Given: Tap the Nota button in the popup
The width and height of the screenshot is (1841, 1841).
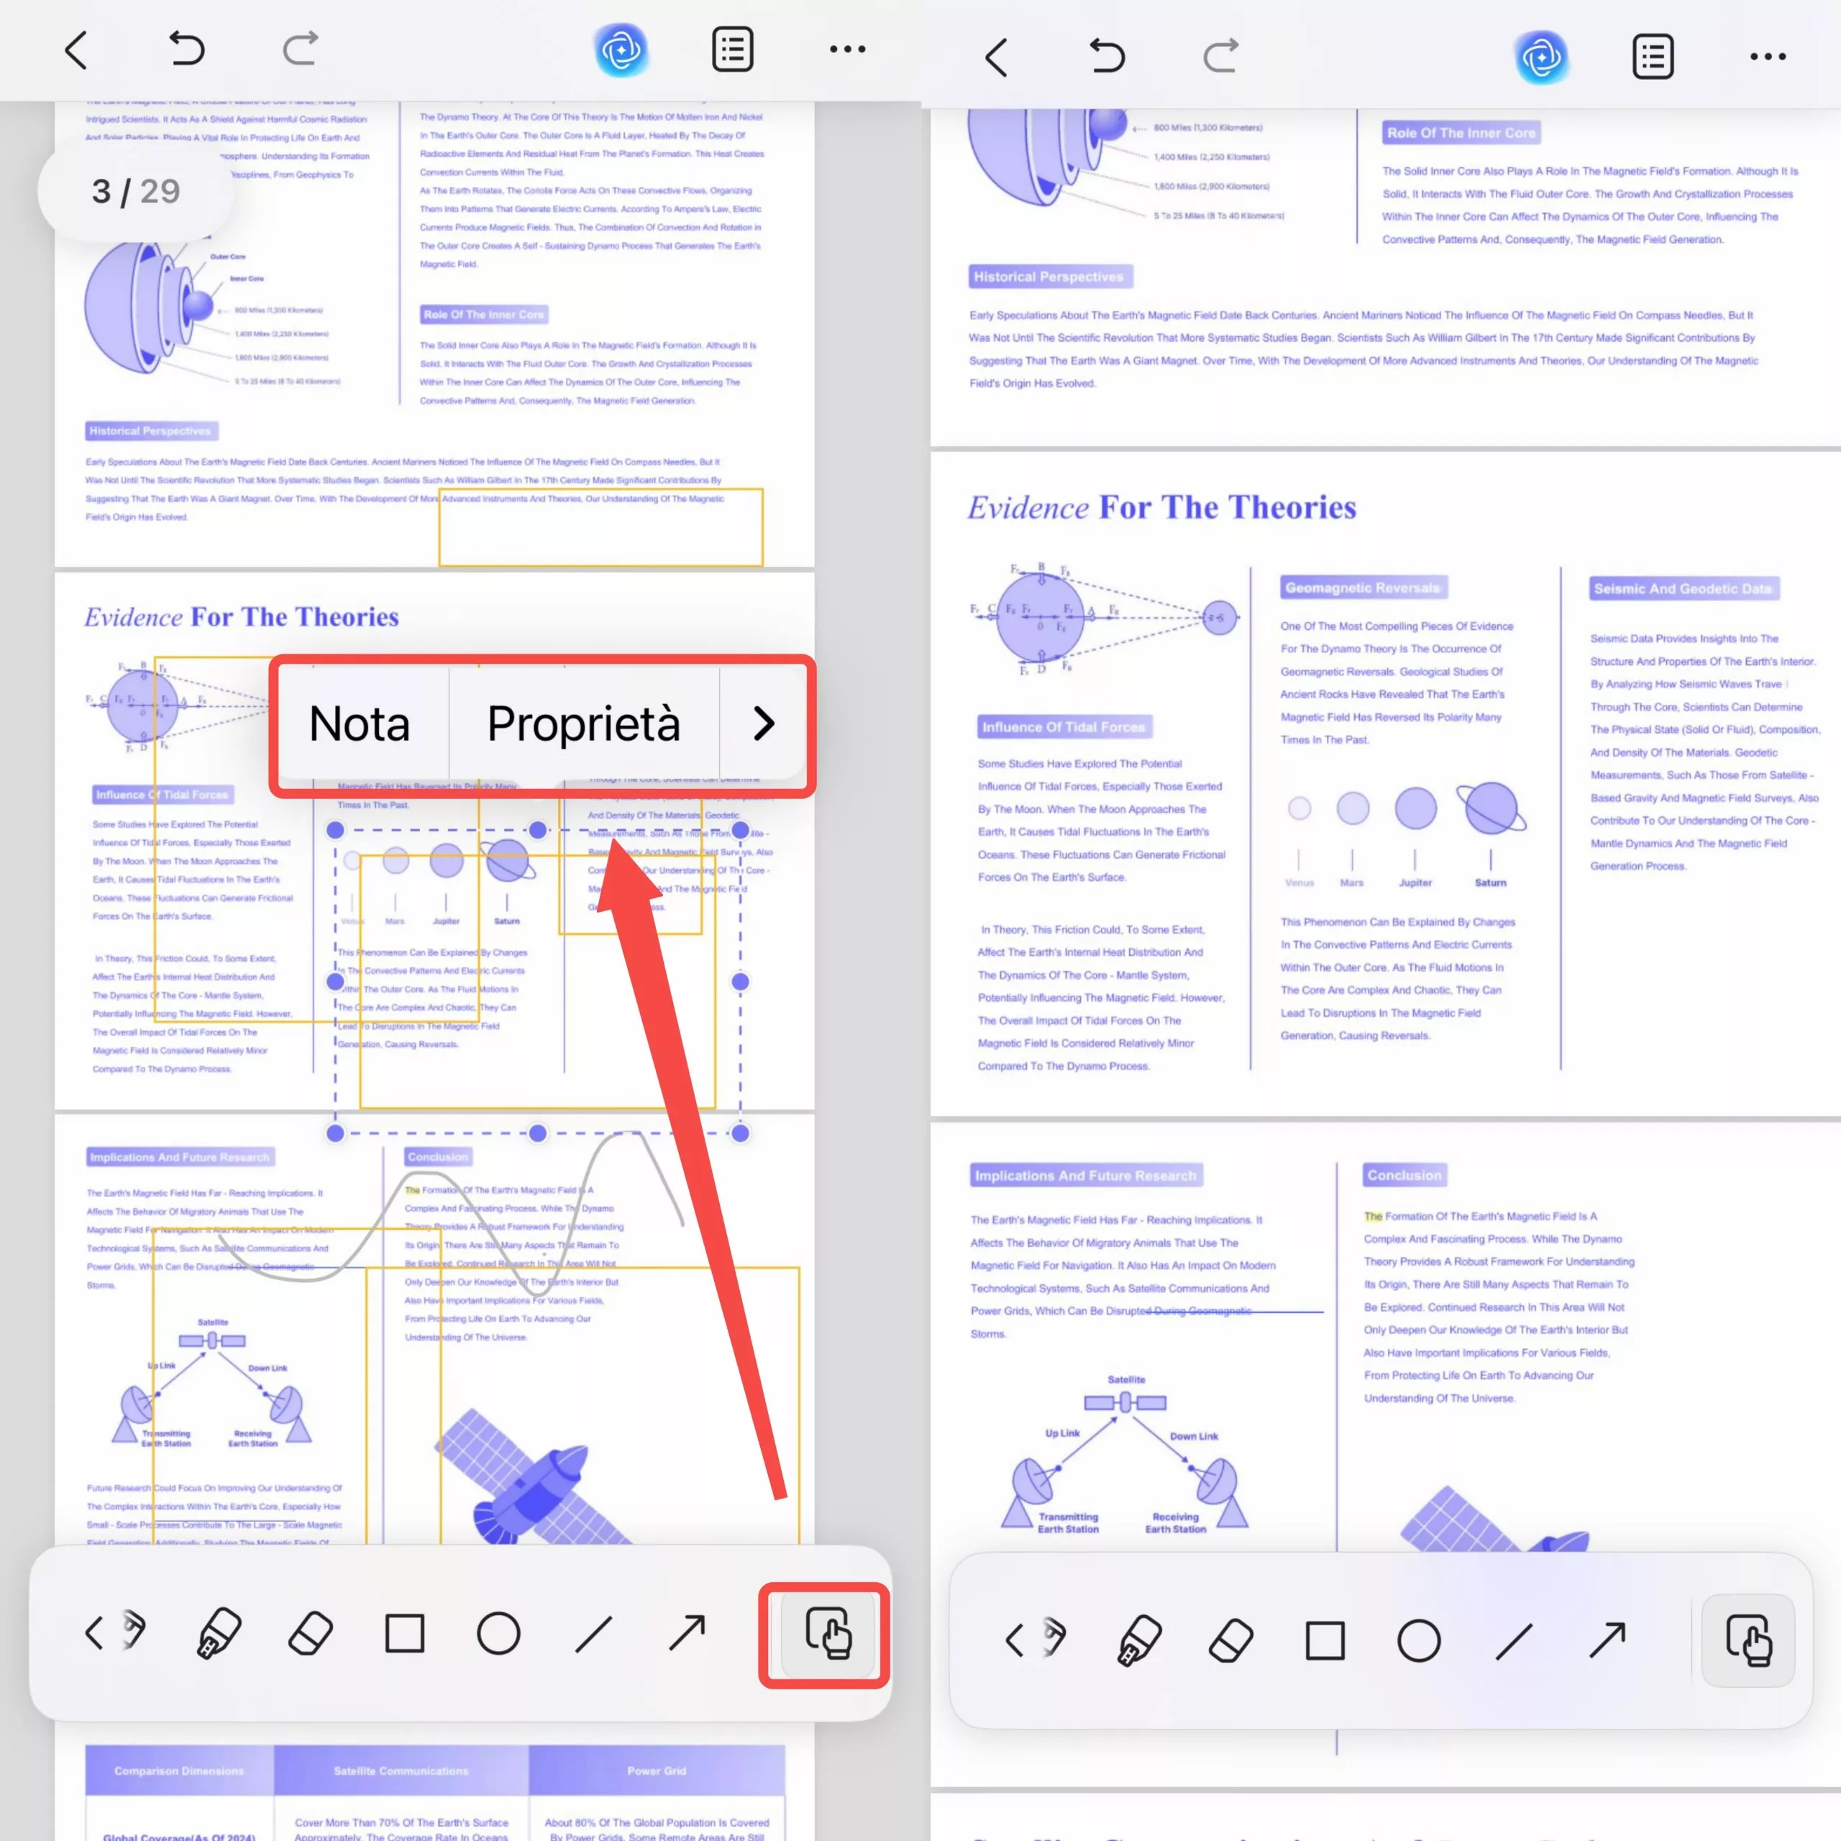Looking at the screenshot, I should click(360, 724).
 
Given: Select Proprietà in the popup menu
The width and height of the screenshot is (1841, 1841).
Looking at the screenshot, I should click(583, 724).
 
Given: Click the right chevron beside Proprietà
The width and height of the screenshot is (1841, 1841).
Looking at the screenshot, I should click(763, 724).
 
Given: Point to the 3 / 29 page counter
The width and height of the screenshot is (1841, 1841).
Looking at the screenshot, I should click(135, 191).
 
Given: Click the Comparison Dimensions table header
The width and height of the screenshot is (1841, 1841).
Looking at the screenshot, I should click(179, 1771).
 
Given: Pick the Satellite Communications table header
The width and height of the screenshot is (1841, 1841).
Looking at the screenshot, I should click(401, 1771).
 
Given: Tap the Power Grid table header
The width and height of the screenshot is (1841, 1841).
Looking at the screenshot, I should click(657, 1771).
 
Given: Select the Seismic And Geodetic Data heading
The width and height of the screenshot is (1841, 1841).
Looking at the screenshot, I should click(1682, 589).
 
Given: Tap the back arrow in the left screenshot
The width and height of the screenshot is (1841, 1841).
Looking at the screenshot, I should click(76, 50).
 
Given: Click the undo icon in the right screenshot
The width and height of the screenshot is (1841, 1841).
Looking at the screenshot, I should click(1106, 56).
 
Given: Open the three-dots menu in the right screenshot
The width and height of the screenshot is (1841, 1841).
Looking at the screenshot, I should click(1767, 56).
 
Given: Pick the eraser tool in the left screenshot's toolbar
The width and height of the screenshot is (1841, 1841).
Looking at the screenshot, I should click(311, 1633).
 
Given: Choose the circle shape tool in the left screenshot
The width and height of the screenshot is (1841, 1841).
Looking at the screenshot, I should click(498, 1633).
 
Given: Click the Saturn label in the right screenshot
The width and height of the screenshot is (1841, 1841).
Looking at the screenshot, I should click(1490, 882).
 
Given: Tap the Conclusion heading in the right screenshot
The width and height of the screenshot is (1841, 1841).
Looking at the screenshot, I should click(1404, 1175).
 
